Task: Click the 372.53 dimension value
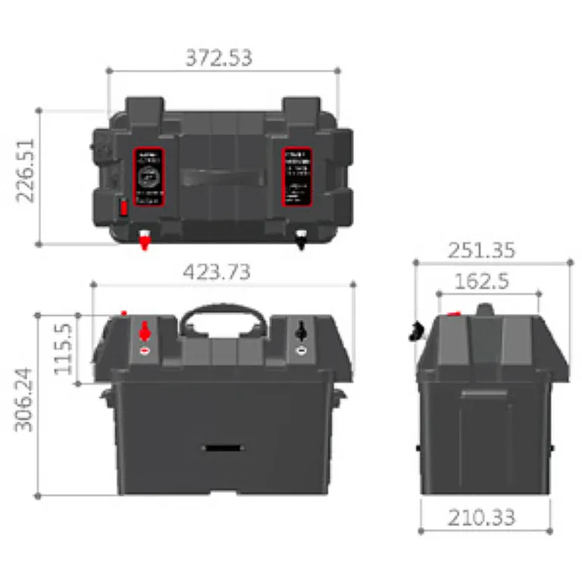[x=219, y=58]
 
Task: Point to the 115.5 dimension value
[x=63, y=349]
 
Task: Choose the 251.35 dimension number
[x=481, y=250]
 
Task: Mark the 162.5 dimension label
[x=481, y=281]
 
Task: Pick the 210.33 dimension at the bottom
[x=481, y=518]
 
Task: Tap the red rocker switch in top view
[x=122, y=208]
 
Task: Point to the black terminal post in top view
[x=302, y=240]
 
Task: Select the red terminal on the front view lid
[x=145, y=333]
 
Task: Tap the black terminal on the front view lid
[x=301, y=332]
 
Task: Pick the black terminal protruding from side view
[x=416, y=330]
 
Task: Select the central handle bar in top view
[x=224, y=180]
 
